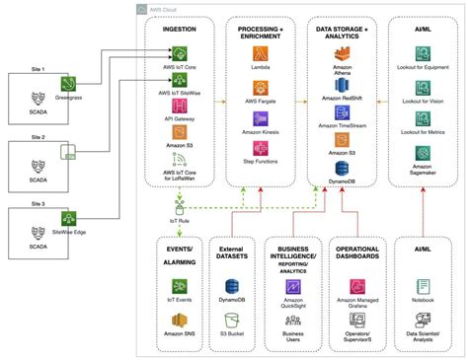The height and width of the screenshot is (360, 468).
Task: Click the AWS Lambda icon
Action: click(x=260, y=52)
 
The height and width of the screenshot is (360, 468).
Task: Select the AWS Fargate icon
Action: click(x=260, y=85)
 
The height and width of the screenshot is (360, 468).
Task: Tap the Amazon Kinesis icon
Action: click(x=260, y=117)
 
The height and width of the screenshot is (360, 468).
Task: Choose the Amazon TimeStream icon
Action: click(x=342, y=114)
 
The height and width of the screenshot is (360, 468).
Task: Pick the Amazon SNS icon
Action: click(x=181, y=321)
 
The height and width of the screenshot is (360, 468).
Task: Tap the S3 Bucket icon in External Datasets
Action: click(x=234, y=321)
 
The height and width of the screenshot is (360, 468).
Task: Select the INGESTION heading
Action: click(x=180, y=31)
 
